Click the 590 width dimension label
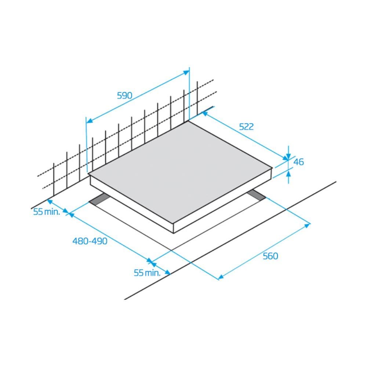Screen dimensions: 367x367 tap(124, 96)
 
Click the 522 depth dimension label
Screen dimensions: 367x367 tap(246, 127)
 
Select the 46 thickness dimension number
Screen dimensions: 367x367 tap(299, 161)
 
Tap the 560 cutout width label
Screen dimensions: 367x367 tap(270, 256)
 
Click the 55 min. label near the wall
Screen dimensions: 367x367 tap(46, 212)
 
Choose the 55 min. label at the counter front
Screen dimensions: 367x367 tap(147, 273)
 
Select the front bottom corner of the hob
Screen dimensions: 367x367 tap(173, 233)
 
